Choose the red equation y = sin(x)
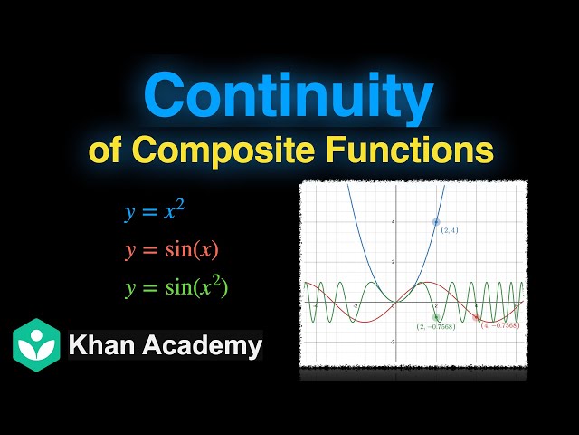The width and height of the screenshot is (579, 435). click(x=172, y=250)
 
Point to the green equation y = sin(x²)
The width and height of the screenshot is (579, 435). click(x=177, y=288)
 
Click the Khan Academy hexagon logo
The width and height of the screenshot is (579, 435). click(x=36, y=344)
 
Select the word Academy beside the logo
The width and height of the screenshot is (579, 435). click(x=201, y=345)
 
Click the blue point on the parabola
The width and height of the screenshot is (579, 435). click(x=436, y=221)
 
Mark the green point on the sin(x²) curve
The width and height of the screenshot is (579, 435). click(x=436, y=317)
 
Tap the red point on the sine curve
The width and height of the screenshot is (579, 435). click(x=477, y=317)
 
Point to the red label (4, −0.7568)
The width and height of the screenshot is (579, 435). click(x=498, y=325)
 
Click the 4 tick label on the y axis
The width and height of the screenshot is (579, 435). click(x=392, y=221)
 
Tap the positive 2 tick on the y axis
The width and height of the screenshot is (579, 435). click(x=392, y=262)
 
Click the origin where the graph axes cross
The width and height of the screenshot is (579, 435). click(x=395, y=303)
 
